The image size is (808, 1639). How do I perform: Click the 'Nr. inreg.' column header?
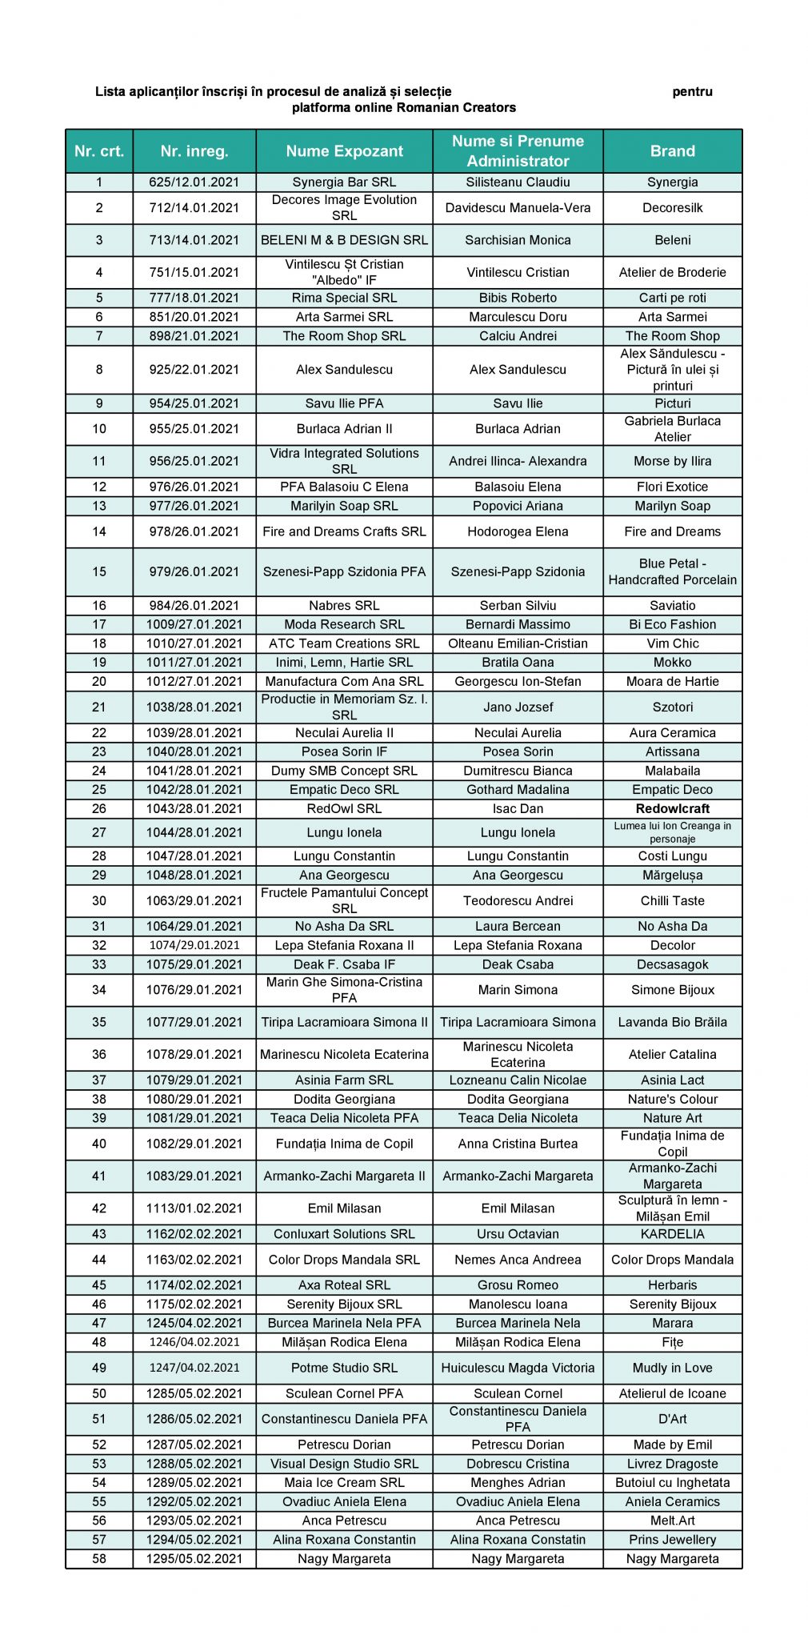[x=194, y=150]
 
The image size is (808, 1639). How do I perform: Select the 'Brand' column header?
[x=672, y=150]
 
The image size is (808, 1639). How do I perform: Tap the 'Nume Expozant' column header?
[x=344, y=150]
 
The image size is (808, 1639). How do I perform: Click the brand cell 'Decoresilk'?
[x=672, y=207]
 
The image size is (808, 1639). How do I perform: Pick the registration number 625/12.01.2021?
[x=194, y=182]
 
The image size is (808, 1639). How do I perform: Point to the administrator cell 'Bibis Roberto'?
[x=518, y=298]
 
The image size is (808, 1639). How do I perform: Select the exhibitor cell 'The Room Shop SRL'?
[x=344, y=336]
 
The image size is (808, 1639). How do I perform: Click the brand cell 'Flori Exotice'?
[x=672, y=487]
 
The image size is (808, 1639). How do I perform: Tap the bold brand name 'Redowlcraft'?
[x=672, y=808]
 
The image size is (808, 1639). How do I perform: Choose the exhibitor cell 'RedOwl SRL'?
[x=344, y=808]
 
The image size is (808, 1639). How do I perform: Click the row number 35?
[x=99, y=1022]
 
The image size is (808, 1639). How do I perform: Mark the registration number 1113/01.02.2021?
[x=194, y=1208]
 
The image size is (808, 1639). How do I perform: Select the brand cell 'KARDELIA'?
[x=672, y=1234]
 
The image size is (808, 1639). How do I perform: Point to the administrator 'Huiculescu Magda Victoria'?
[x=518, y=1368]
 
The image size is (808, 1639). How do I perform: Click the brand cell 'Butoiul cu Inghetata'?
[x=672, y=1482]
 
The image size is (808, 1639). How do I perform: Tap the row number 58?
[x=99, y=1558]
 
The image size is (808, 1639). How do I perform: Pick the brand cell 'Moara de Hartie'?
[x=672, y=681]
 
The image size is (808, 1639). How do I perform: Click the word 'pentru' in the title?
[x=692, y=91]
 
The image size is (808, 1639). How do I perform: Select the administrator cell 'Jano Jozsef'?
[x=518, y=707]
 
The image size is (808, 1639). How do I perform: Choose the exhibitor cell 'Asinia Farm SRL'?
[x=344, y=1080]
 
